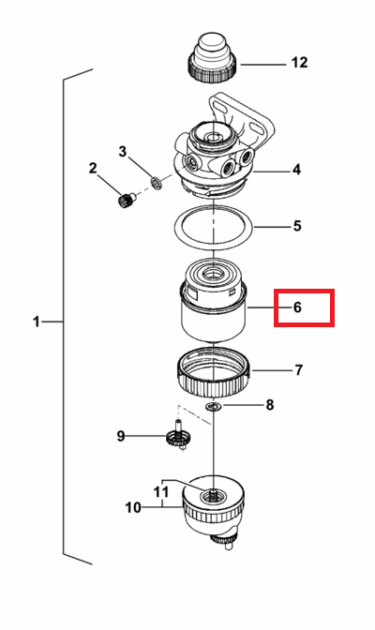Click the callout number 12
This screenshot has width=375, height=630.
299,63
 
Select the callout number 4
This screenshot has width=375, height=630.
296,170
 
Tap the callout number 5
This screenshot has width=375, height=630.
297,226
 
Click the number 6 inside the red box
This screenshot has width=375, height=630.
297,307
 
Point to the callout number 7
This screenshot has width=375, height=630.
298,369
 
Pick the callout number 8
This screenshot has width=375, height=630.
270,405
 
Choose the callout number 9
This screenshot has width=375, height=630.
121,436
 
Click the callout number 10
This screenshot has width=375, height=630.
133,507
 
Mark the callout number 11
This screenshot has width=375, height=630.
161,492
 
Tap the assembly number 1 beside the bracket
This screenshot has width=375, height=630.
37,322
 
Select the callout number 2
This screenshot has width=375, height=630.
93,168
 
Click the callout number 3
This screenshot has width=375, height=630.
123,152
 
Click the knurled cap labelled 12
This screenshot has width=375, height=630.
212,58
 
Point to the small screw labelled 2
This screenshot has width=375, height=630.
126,199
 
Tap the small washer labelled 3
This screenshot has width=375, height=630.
157,182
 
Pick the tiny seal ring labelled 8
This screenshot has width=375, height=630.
214,407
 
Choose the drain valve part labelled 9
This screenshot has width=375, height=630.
178,436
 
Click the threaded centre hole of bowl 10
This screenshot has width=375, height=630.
213,496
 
